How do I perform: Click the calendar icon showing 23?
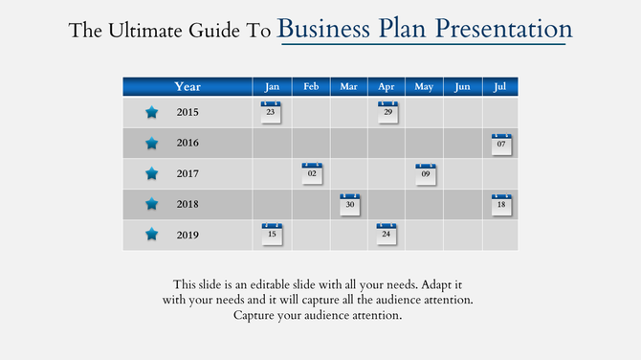(272, 112)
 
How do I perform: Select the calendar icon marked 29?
(387, 112)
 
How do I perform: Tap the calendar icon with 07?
(501, 144)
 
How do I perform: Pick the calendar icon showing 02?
(312, 173)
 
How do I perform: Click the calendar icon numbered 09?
(426, 173)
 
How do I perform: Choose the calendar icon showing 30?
(350, 204)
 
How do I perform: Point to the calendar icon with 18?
(501, 204)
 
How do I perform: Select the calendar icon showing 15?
(272, 234)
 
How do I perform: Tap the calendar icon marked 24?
(387, 234)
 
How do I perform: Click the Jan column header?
(272, 87)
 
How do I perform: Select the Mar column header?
(349, 87)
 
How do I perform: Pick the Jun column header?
(462, 87)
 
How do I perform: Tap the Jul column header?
(500, 87)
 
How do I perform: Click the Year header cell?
(188, 87)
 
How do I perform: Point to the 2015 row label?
(188, 113)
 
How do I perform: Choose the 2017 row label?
(188, 173)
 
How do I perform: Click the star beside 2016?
(151, 144)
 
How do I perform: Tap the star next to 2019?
(151, 234)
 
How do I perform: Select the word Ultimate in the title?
(143, 31)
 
